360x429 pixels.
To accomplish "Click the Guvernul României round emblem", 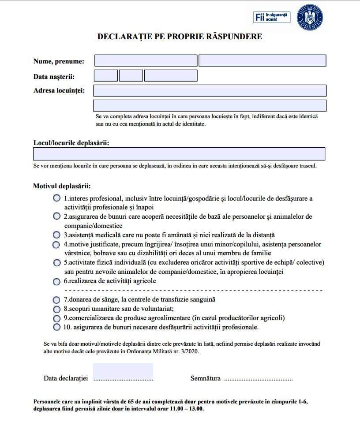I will (311, 18).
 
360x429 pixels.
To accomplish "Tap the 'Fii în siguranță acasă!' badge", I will (272, 17).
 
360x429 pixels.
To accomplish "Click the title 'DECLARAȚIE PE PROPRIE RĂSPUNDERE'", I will (180, 37).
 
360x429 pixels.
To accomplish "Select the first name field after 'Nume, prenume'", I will (146, 61).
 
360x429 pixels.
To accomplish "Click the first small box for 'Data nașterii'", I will (106, 76).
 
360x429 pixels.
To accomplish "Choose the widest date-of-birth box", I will (170, 76).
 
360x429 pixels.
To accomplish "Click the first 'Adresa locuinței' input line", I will (210, 90).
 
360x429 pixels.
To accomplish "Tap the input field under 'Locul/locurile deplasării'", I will (179, 154).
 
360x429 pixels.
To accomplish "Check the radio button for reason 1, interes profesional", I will (56, 198).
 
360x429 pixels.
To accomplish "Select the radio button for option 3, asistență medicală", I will (56, 235).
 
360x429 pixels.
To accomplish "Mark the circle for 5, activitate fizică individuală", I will (56, 263).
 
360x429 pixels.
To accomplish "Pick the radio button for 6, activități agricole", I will (56, 281).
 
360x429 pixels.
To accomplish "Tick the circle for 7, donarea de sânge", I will (56, 300).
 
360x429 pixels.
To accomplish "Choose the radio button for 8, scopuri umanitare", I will (56, 309).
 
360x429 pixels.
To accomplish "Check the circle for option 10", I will (56, 327).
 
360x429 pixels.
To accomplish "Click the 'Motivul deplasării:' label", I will (62, 186).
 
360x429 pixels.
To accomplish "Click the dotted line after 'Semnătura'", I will (259, 379).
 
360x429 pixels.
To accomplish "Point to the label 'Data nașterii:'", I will (54, 77).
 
